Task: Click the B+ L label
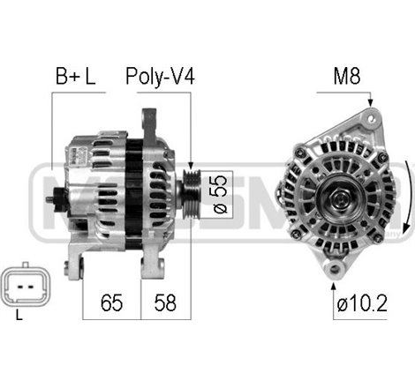(x=75, y=77)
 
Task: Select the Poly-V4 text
(x=160, y=77)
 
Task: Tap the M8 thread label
(x=345, y=77)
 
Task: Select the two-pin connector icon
(x=23, y=283)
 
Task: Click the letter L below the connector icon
(x=19, y=315)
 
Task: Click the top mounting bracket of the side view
(x=149, y=119)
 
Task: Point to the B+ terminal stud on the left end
(x=50, y=199)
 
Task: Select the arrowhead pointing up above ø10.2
(x=333, y=283)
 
